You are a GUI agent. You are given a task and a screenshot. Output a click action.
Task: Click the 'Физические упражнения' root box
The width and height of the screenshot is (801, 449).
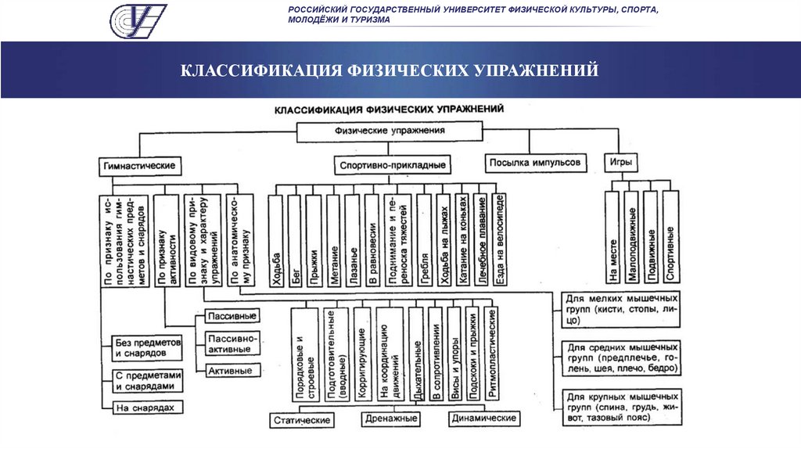pos(390,131)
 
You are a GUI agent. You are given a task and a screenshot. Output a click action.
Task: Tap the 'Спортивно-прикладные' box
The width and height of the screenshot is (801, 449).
pos(393,166)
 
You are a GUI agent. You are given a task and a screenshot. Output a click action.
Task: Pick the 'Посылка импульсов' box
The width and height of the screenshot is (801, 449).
pos(535,163)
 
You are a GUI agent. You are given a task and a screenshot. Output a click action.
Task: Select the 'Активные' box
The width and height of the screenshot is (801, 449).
pos(232,369)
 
